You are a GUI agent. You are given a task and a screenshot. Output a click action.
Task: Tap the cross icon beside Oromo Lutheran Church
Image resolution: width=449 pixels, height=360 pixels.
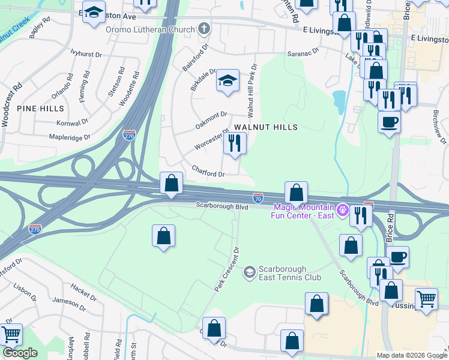click(x=204, y=29)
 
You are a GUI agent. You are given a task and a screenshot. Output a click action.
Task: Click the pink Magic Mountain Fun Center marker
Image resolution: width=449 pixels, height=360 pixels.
click(x=342, y=210)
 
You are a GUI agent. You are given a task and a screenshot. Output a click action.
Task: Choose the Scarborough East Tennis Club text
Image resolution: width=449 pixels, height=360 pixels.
click(x=290, y=273)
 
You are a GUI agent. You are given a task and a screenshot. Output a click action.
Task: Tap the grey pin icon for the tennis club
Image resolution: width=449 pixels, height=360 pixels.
click(x=249, y=273)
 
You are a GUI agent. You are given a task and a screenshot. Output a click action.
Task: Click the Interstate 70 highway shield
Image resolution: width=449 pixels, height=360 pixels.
click(x=258, y=197)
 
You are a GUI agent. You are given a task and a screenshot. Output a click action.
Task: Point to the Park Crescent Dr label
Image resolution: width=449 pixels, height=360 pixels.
click(x=228, y=269)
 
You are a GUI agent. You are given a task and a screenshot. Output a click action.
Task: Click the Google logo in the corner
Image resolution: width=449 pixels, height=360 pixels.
click(x=20, y=353)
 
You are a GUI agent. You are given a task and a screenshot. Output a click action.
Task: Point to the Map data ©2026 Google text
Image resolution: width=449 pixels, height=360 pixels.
click(x=411, y=355)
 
